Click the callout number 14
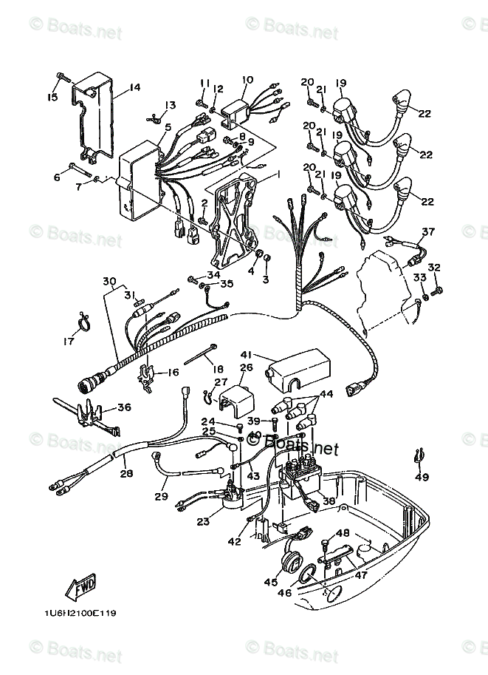134,88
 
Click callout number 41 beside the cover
246,355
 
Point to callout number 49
422,477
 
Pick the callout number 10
247,80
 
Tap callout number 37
428,231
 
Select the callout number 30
109,281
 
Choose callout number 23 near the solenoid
203,522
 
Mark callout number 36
124,407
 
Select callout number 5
168,127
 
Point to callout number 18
217,368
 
